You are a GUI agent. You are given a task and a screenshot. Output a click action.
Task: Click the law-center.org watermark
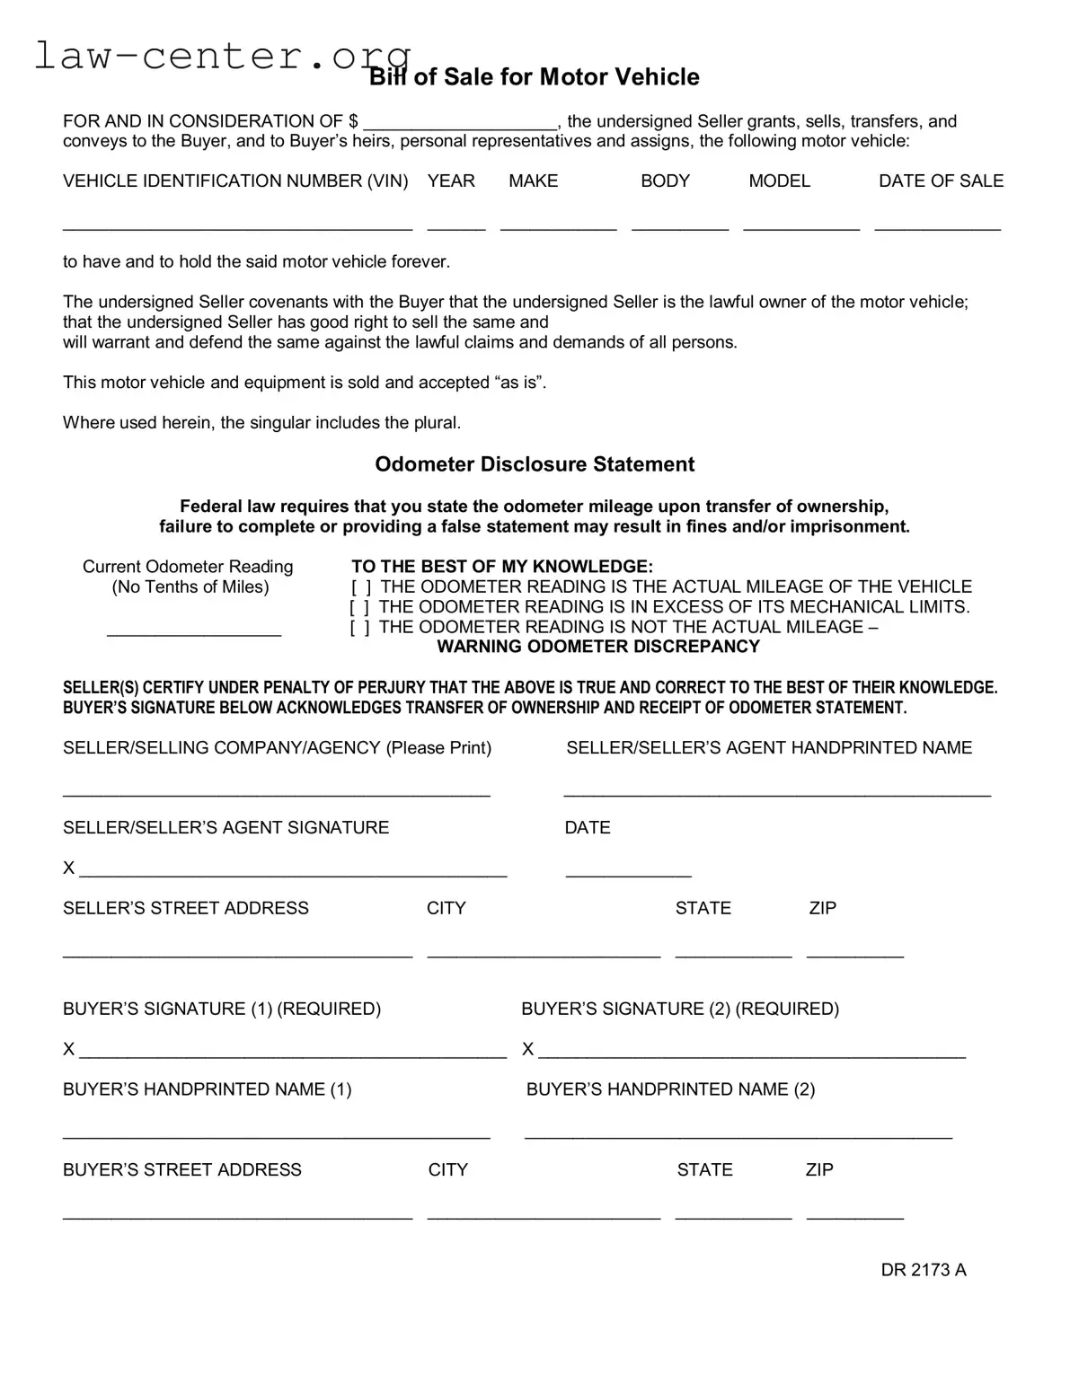coord(222,56)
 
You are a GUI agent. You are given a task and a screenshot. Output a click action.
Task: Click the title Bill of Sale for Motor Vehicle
coord(535,77)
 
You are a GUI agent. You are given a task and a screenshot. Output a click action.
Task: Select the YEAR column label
coord(451,181)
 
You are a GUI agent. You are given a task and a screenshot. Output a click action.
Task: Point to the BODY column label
coord(665,181)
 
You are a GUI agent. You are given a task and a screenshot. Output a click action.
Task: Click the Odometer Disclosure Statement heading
coord(535,464)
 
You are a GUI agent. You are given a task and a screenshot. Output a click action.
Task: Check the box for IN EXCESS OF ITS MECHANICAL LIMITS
coord(359,608)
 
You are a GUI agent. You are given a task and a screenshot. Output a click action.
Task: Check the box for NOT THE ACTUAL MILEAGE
coord(359,628)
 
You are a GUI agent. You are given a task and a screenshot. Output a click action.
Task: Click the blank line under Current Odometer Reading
coord(194,630)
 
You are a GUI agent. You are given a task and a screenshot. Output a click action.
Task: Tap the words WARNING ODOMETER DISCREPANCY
coord(598,647)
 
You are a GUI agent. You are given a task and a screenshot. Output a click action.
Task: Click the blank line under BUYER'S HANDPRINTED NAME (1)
coord(277,1133)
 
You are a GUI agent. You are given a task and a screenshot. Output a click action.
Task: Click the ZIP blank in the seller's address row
coord(854,952)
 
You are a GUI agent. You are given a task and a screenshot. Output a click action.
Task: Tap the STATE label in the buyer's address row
coord(704,1170)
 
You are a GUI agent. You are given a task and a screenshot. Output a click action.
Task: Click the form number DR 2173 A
coord(923,1270)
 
